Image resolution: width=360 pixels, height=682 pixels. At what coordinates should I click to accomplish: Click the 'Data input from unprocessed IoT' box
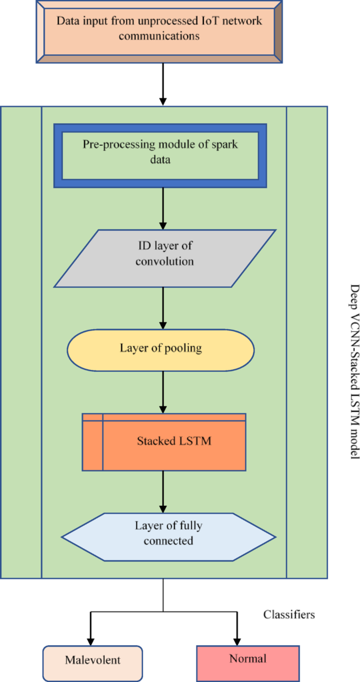click(x=159, y=29)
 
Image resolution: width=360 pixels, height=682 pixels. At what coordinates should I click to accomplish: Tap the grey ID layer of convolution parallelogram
click(x=164, y=258)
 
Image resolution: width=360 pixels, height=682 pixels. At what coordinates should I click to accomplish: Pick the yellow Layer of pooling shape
click(x=160, y=349)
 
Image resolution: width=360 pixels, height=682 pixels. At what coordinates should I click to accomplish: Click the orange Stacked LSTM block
click(x=164, y=441)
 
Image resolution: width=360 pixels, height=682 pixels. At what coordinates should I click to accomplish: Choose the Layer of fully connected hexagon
click(x=168, y=533)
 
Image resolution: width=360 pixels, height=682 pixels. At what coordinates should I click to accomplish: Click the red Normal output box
click(x=248, y=659)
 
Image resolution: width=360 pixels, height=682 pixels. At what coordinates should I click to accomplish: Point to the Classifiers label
click(x=289, y=614)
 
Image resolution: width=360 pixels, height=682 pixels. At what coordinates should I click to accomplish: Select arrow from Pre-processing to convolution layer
click(x=163, y=208)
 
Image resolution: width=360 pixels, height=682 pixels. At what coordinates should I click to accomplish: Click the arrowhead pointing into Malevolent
click(x=90, y=640)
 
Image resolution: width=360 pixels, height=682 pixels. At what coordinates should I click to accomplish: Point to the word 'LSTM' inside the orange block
click(x=196, y=441)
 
